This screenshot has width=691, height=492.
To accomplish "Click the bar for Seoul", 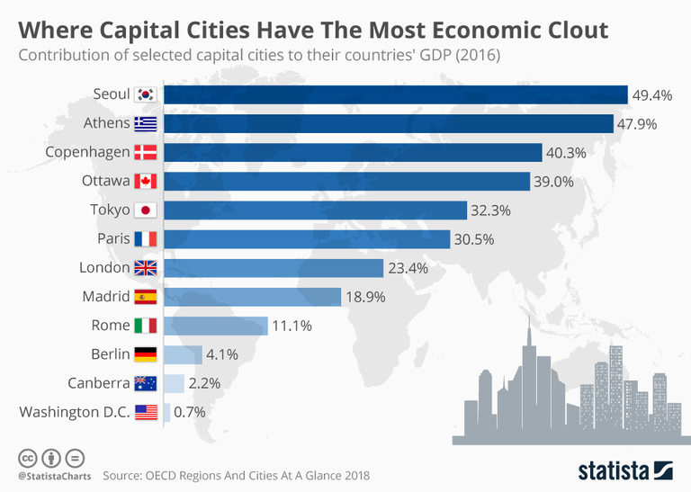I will tap(395, 94).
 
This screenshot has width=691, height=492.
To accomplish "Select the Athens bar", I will tap(388, 123).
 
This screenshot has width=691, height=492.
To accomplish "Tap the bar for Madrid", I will tap(252, 297).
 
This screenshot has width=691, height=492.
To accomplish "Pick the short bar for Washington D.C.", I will tap(166, 412).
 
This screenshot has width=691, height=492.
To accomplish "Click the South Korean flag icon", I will tap(145, 94).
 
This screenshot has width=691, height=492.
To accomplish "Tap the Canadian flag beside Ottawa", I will tap(145, 182).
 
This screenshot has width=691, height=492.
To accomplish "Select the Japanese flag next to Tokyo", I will tap(145, 210).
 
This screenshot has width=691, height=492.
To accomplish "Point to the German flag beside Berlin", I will tap(145, 354).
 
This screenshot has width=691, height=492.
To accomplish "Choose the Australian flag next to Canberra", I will tap(145, 383).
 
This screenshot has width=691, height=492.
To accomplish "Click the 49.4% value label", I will tap(652, 94).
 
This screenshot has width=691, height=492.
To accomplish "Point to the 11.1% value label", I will tap(292, 326).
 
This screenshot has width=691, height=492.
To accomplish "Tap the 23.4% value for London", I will tap(408, 268).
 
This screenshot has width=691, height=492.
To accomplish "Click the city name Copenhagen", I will tap(87, 152).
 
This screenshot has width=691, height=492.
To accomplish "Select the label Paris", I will tap(113, 239).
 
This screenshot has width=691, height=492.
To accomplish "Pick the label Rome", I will tap(111, 326).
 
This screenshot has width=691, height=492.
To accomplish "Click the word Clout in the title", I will tap(567, 31).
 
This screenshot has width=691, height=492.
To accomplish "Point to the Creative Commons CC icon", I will tap(27, 457).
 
